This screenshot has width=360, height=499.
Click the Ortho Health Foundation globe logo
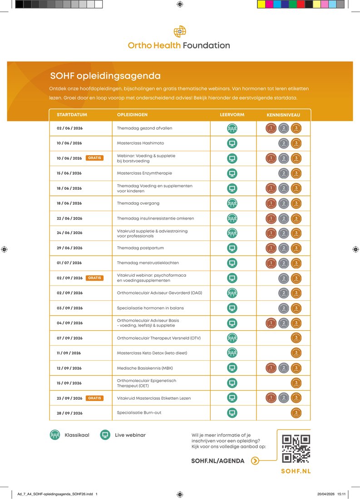pyautogui.click(x=180, y=31)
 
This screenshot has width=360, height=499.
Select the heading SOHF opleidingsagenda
pyautogui.click(x=105, y=76)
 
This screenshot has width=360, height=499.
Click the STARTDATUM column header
pyautogui.click(x=72, y=115)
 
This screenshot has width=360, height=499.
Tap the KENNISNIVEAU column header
pyautogui.click(x=283, y=115)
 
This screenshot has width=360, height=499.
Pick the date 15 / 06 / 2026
pyautogui.click(x=69, y=173)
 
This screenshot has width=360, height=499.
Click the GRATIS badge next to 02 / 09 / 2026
pyautogui.click(x=94, y=278)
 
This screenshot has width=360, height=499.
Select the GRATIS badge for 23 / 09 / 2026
pyautogui.click(x=94, y=398)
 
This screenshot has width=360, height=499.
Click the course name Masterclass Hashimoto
pyautogui.click(x=140, y=143)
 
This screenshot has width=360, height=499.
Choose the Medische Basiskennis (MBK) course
pyautogui.click(x=145, y=368)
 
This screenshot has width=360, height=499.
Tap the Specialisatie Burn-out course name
pyautogui.click(x=139, y=413)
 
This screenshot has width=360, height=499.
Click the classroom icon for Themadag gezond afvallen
pyautogui.click(x=232, y=128)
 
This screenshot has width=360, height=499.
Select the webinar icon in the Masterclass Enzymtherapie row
pyautogui.click(x=232, y=173)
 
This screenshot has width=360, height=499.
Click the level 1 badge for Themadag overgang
pyautogui.click(x=271, y=203)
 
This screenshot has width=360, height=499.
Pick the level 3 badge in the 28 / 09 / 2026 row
pyautogui.click(x=296, y=413)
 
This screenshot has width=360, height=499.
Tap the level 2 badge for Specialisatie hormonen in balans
pyautogui.click(x=284, y=308)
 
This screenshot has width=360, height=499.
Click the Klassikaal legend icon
pyautogui.click(x=55, y=435)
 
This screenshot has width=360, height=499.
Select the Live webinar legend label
pyautogui.click(x=130, y=435)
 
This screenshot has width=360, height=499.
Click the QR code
pyautogui.click(x=296, y=449)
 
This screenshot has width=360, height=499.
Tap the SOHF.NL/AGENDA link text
pyautogui.click(x=218, y=461)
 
